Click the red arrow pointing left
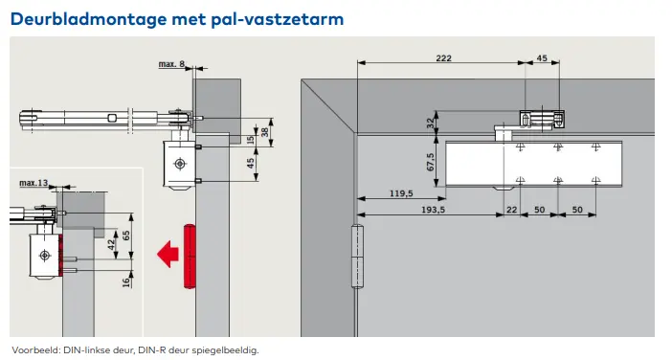(x=168, y=254)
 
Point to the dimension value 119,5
(x=402, y=193)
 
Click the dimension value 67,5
(x=432, y=162)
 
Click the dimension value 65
(x=127, y=235)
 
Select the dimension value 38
(x=263, y=132)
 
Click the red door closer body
(x=188, y=255)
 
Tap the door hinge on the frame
(x=359, y=256)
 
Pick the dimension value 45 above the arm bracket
(x=542, y=59)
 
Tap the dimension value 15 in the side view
(x=251, y=140)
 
